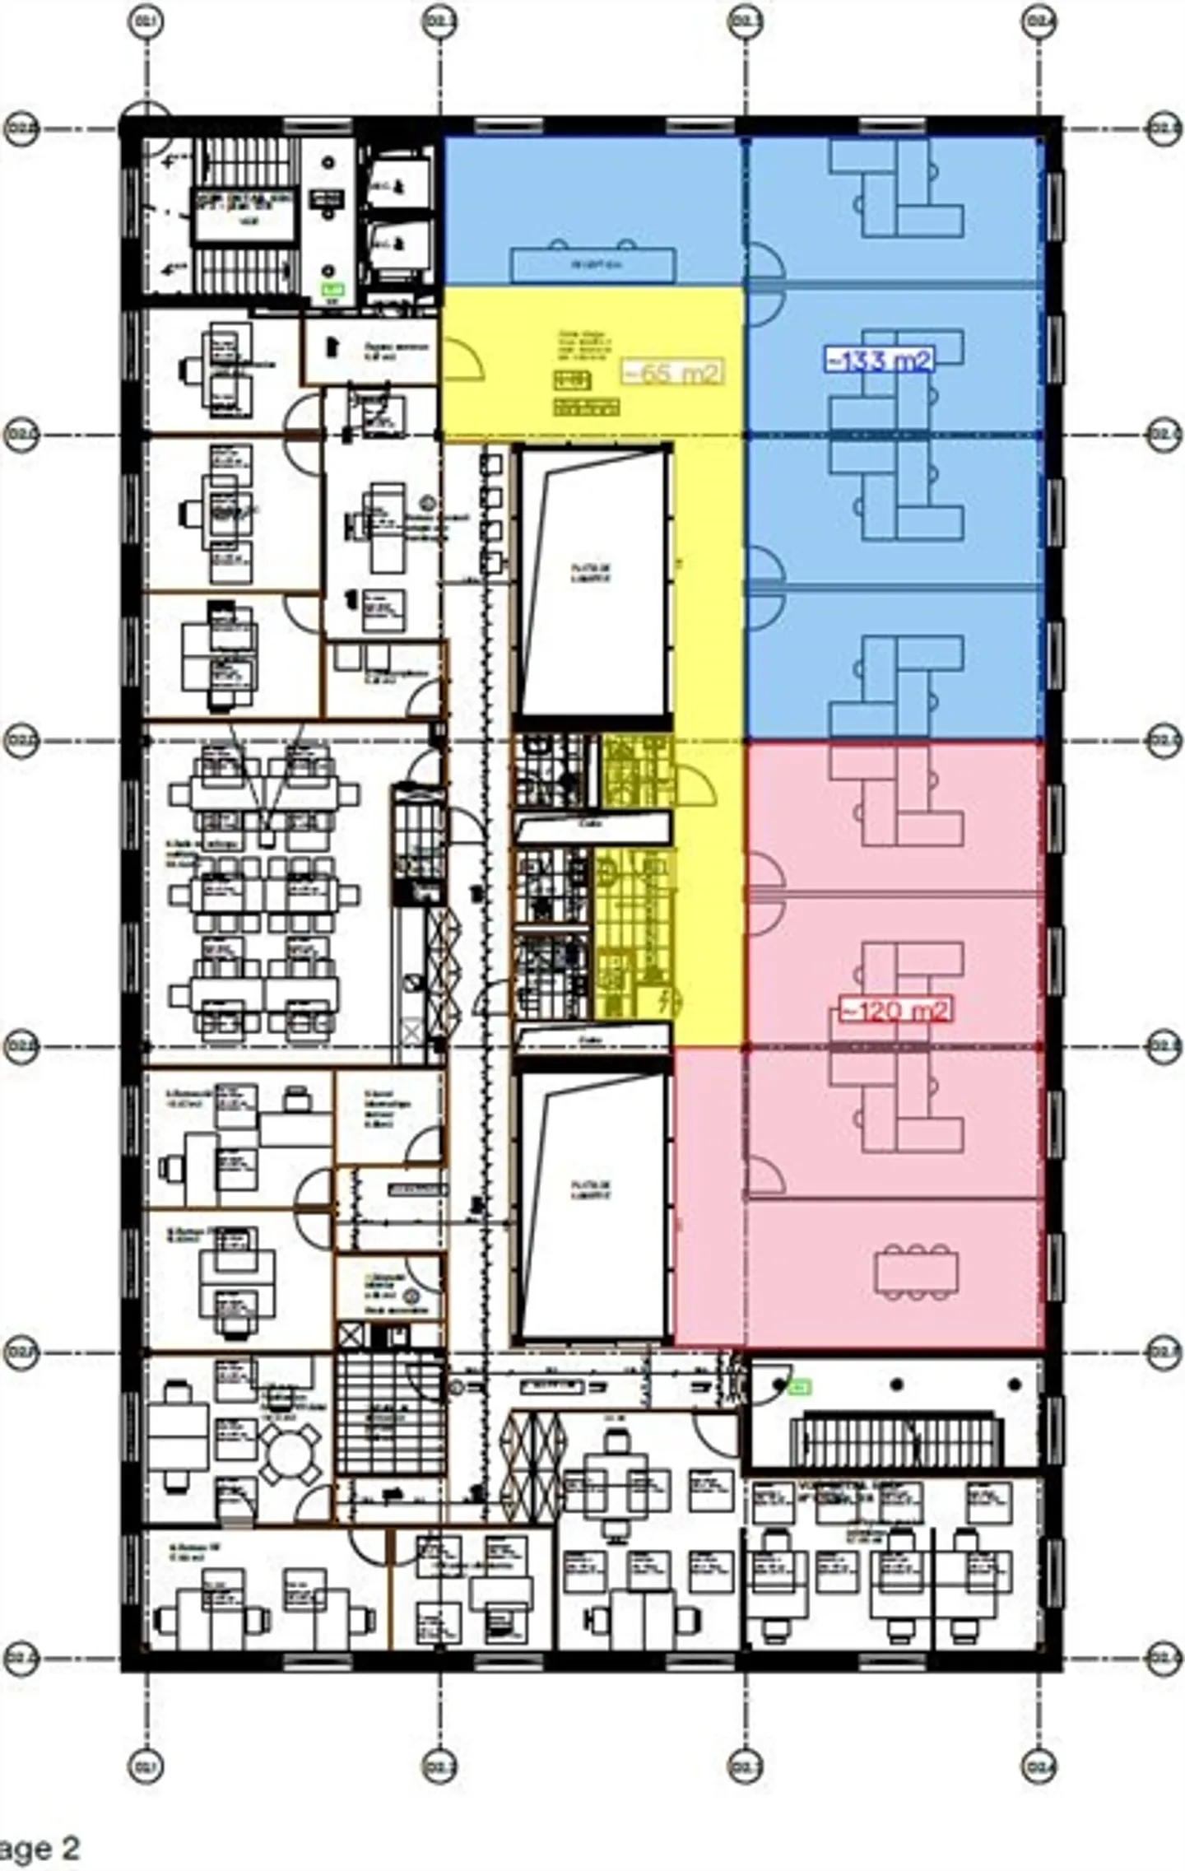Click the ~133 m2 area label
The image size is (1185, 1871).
tap(880, 360)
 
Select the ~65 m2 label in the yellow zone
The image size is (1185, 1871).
tap(672, 372)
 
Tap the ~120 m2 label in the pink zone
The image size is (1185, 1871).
tap(895, 1009)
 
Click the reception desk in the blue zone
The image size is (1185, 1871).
tap(592, 265)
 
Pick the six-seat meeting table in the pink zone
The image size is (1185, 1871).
tap(917, 1272)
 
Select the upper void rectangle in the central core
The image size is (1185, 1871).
tap(592, 579)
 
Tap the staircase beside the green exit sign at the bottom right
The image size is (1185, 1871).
tap(895, 1439)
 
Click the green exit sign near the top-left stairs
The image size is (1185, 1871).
tap(332, 289)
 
